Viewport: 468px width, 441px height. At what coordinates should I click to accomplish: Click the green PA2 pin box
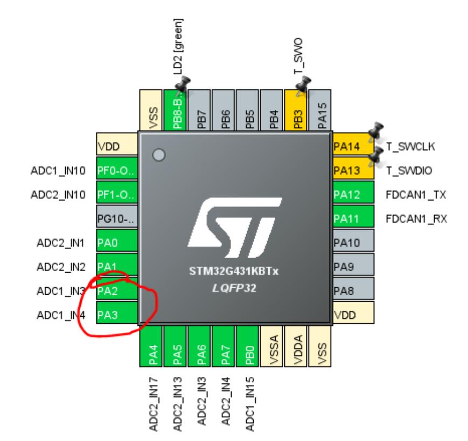[116, 291]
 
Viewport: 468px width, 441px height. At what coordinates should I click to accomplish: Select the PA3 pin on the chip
[116, 315]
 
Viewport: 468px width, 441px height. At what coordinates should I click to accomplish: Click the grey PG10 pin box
[116, 218]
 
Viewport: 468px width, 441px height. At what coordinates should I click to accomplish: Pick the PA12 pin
[353, 194]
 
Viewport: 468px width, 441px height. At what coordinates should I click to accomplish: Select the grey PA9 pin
[353, 267]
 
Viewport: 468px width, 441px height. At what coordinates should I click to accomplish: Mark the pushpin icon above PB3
[304, 84]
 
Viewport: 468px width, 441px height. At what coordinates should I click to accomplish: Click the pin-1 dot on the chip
[158, 155]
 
